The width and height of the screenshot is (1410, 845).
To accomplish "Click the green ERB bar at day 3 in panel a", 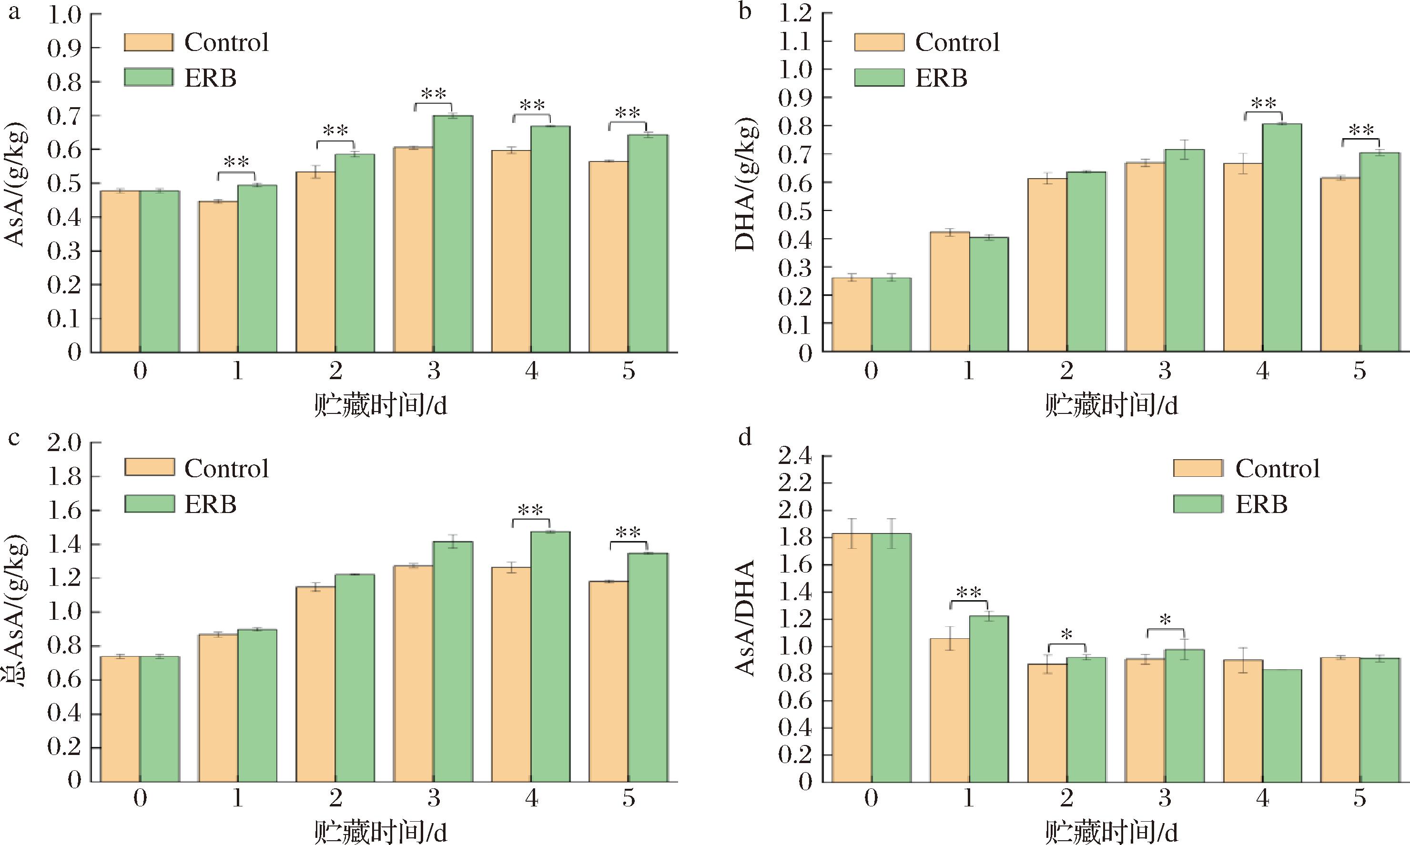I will point(453,233).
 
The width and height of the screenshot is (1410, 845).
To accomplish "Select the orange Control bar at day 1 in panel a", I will point(218,276).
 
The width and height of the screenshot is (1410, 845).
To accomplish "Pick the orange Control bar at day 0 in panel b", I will point(852,314).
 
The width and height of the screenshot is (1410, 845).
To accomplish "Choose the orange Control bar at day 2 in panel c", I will point(315,684).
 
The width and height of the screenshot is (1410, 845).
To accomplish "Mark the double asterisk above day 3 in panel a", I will point(433,93).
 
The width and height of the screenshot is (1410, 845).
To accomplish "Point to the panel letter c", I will point(14,437).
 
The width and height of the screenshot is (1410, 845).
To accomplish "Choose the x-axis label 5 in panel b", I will point(1360,371).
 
